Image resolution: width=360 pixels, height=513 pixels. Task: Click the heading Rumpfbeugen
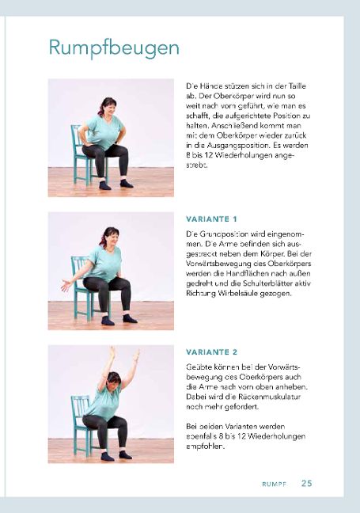(113, 48)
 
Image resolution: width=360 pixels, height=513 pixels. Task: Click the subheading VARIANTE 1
(211, 218)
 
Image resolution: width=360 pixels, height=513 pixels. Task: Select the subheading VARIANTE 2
(211, 351)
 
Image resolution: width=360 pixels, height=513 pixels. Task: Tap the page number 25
(306, 483)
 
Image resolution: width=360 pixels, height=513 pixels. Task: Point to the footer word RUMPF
(274, 483)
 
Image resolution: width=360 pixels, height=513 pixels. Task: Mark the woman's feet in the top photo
(115, 184)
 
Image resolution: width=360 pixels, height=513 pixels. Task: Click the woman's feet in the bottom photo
(115, 455)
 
